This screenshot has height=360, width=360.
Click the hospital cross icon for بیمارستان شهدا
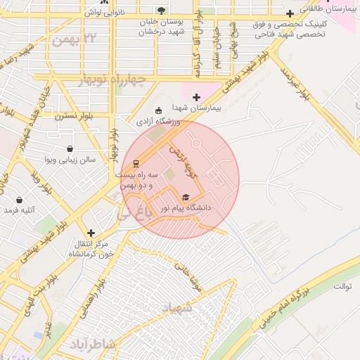[196, 97]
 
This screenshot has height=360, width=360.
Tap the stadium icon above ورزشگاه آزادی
[158, 110]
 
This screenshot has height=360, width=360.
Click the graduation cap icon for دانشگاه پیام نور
[186, 197]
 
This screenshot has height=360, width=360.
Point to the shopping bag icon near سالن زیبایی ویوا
[70, 149]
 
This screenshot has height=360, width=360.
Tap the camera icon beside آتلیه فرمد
[11, 210]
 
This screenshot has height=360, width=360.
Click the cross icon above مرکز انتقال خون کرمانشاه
[91, 233]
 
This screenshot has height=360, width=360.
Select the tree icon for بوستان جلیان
[162, 11]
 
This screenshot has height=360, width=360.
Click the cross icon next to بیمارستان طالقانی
[290, 13]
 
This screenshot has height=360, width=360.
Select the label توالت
[341, 285]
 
